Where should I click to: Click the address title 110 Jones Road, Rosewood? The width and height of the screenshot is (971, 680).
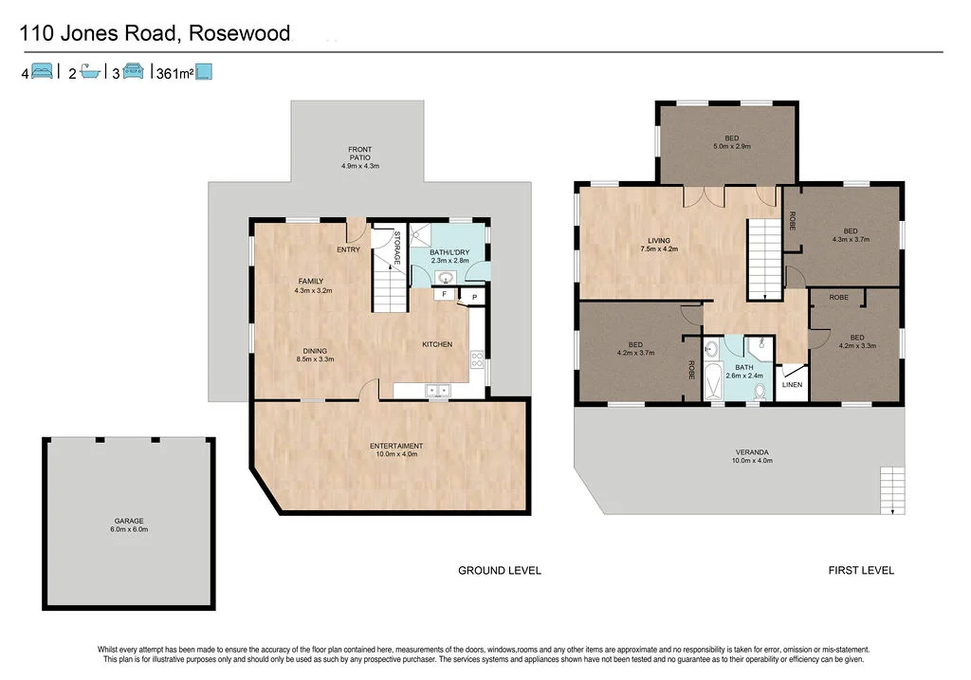(156, 34)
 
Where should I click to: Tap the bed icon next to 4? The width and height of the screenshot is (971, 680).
(42, 72)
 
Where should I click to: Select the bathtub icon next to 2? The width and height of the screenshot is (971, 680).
(90, 72)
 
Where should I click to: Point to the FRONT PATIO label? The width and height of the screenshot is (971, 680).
(359, 157)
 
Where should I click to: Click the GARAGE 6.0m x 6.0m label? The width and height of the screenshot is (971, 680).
(129, 524)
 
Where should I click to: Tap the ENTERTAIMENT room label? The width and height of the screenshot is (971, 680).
(395, 450)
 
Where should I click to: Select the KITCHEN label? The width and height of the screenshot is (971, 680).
(437, 344)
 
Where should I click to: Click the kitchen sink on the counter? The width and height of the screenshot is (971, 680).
(438, 388)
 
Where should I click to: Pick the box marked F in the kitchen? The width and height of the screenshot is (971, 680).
(445, 295)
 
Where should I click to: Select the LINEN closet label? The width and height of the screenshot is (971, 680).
(792, 385)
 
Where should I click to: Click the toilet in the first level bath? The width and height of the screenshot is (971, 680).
(758, 392)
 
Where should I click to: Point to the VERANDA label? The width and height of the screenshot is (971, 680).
(752, 456)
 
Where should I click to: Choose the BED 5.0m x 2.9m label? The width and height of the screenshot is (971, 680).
(731, 141)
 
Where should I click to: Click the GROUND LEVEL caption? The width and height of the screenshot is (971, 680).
(500, 570)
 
